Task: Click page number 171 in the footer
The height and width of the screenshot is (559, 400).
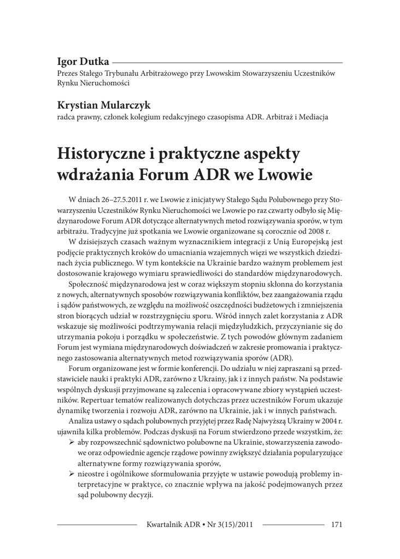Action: (x=336, y=525)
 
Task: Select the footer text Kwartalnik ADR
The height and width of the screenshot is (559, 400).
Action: (x=173, y=525)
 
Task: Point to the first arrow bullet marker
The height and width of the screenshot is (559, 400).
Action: (x=72, y=441)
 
